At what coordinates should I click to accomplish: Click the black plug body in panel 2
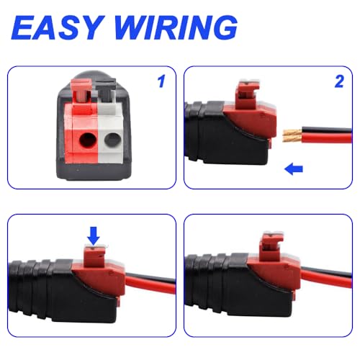202,130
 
